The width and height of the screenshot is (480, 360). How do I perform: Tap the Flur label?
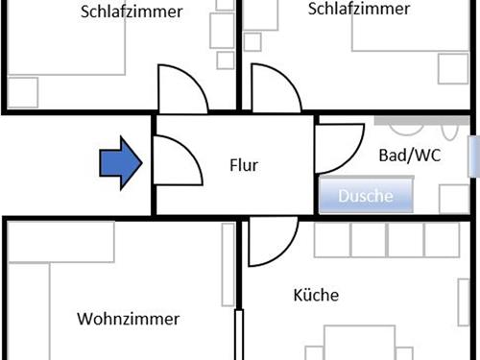point(244,165)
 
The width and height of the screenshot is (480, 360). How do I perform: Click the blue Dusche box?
point(366,197)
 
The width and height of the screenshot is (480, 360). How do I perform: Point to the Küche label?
point(316,296)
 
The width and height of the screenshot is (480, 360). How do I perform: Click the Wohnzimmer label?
point(128,319)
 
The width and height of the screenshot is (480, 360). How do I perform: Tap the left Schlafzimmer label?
point(146,13)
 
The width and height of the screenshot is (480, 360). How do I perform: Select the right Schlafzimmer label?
point(358,10)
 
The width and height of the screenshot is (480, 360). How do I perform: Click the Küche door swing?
point(270,240)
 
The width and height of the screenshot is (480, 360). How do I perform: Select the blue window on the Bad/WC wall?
point(474,156)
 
